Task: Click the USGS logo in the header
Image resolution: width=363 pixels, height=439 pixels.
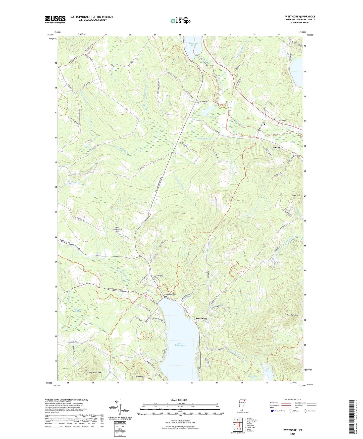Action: pyautogui.click(x=55, y=19)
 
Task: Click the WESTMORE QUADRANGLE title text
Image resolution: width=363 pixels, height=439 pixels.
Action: pyautogui.click(x=296, y=17)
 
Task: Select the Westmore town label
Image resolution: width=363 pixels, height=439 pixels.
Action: pyautogui.click(x=201, y=319)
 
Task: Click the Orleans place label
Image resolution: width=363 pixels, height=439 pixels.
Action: pyautogui.click(x=276, y=148)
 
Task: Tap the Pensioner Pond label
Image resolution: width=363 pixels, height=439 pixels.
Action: pyautogui.click(x=193, y=44)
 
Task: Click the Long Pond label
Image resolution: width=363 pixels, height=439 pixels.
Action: pyautogui.click(x=267, y=370)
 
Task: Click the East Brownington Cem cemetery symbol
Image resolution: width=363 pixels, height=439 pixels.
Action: pyautogui.click(x=117, y=234)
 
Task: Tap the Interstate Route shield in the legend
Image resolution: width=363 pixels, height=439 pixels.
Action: pyautogui.click(x=272, y=411)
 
